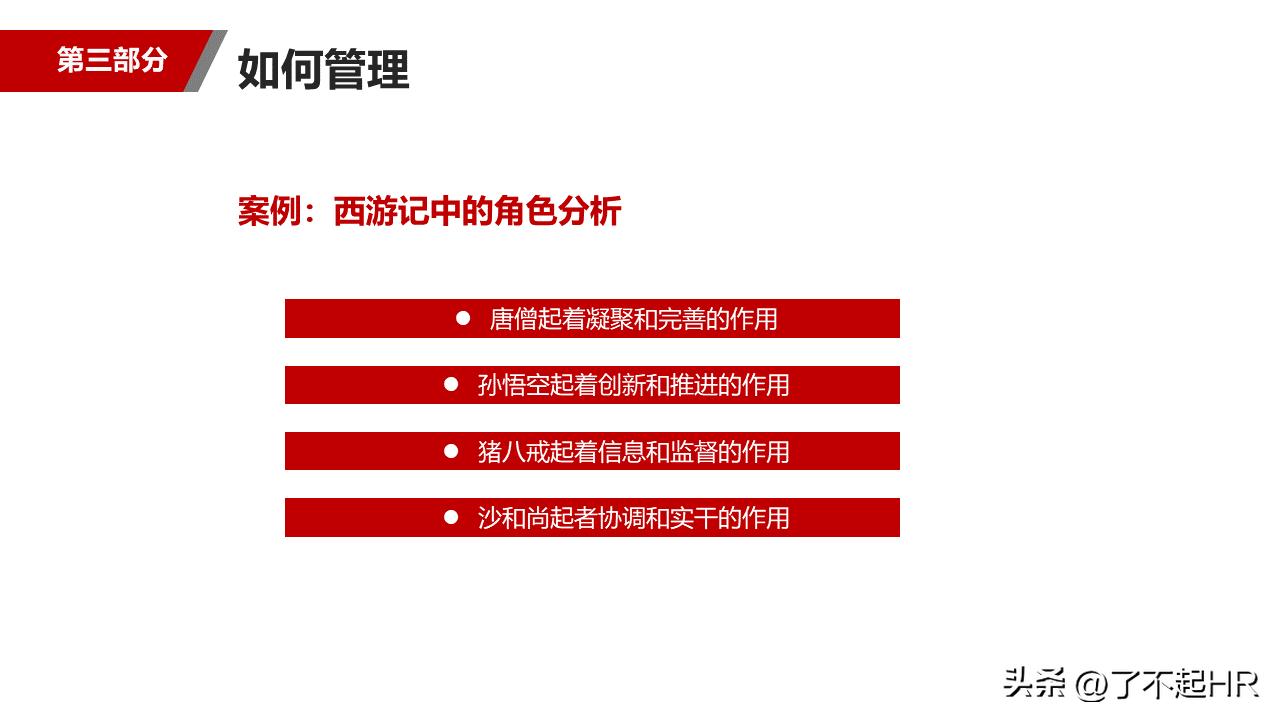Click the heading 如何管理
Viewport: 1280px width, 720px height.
coord(324,71)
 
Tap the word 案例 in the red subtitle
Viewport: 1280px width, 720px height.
coord(262,212)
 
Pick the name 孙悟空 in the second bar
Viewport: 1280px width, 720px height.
coord(513,385)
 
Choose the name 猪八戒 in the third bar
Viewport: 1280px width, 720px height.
coord(513,452)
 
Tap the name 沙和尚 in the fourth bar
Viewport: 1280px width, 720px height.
coord(513,518)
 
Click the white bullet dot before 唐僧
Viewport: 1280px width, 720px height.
coord(463,318)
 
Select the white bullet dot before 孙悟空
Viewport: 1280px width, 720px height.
coord(451,384)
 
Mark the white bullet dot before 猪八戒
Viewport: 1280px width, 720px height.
coord(451,451)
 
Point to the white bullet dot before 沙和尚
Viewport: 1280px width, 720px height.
coord(451,517)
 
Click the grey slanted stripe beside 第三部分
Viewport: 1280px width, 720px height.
coord(206,61)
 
